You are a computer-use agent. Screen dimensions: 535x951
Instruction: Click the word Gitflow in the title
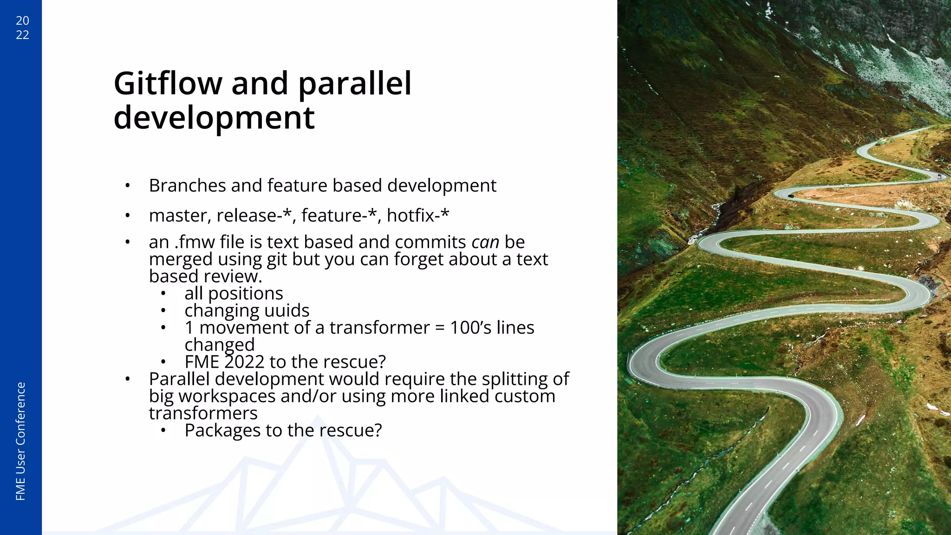pos(168,84)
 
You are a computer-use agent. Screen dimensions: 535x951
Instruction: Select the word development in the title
pos(214,118)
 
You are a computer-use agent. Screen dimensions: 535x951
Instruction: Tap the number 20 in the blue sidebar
pos(22,20)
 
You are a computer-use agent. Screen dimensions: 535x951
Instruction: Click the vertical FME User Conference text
pos(20,441)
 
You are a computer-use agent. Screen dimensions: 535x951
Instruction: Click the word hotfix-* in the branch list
pos(418,215)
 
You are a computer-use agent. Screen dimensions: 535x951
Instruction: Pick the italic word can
pos(485,242)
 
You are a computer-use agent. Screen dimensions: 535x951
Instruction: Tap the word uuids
pos(287,310)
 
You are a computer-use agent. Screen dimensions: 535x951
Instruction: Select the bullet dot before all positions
pos(163,294)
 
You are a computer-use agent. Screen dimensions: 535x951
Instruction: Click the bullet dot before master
pos(127,216)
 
